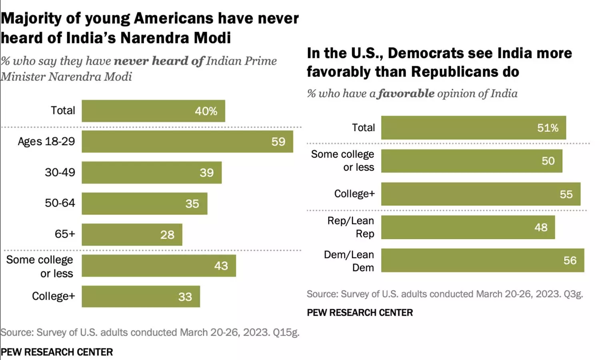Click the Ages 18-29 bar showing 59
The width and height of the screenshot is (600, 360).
point(187,142)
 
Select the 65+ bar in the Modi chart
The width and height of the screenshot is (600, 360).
point(132,234)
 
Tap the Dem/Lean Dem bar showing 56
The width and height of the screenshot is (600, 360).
point(482,260)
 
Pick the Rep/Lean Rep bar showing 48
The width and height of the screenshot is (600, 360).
point(468,227)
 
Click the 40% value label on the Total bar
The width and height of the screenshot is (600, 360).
point(206,111)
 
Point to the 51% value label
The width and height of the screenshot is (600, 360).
point(548,128)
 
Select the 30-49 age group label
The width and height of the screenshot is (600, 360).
point(60,172)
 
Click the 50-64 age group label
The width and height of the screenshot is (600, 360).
point(60,203)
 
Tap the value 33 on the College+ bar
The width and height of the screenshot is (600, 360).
point(185,297)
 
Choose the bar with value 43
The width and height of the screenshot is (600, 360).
point(159,266)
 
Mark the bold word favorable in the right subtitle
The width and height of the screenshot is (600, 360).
point(406,94)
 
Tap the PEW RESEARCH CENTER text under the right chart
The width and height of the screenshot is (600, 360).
point(360,313)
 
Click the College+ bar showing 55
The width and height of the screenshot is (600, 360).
point(480,194)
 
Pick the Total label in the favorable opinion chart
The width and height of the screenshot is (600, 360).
point(363,128)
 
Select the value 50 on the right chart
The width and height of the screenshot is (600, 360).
point(548,161)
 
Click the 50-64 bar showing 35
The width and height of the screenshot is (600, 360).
point(144,204)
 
